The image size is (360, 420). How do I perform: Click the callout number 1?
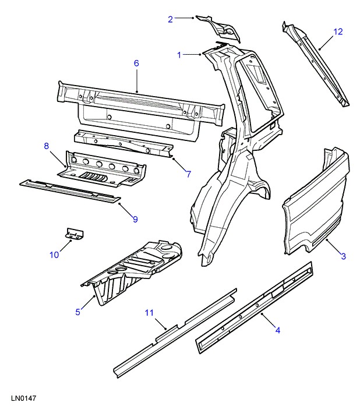coord(180,55)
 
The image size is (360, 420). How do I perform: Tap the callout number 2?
coord(170,19)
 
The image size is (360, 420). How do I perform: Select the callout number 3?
coord(344,256)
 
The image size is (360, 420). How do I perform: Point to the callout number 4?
coord(278,330)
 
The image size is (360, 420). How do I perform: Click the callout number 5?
coord(77,312)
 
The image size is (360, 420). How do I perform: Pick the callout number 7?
coord(188,174)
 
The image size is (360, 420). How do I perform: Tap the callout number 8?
coord(47,146)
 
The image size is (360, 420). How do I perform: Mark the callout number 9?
coord(135,219)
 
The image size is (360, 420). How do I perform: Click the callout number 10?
coord(54,254)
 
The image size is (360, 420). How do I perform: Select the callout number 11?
coord(149,313)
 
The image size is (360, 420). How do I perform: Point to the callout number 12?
coord(338,31)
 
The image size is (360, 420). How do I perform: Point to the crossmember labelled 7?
coord(122,143)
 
